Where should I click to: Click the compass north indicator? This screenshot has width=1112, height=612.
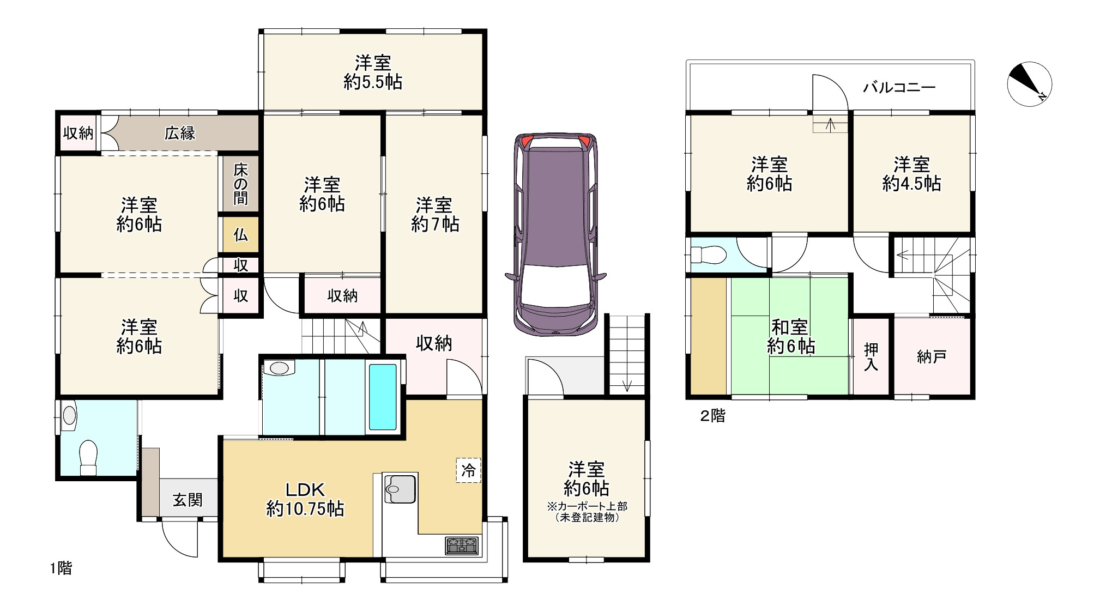tap(1029, 84)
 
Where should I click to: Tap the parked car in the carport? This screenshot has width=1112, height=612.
tap(555, 234)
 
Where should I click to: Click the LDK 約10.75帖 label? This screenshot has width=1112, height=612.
tap(305, 499)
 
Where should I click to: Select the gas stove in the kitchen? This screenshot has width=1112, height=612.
tap(462, 546)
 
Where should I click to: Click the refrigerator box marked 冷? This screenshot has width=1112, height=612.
tap(469, 470)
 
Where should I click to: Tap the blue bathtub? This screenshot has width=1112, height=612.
tap(383, 397)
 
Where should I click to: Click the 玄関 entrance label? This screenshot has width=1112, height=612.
tap(188, 499)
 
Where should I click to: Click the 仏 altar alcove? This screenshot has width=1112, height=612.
tap(240, 235)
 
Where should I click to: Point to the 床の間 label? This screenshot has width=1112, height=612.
tap(240, 184)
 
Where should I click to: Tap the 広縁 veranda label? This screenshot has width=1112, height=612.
tap(180, 133)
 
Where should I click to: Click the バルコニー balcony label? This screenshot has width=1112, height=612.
tap(899, 87)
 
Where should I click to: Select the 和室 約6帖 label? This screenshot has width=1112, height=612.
tap(790, 337)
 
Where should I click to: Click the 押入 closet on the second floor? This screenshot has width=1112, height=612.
tap(872, 356)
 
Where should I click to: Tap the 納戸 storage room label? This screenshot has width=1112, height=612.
tap(932, 357)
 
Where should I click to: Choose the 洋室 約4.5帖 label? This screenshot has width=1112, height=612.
tap(911, 174)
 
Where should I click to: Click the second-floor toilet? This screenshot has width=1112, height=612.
tap(708, 255)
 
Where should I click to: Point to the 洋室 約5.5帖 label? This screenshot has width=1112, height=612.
tap(373, 72)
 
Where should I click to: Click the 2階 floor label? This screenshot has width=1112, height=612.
tap(712, 416)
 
